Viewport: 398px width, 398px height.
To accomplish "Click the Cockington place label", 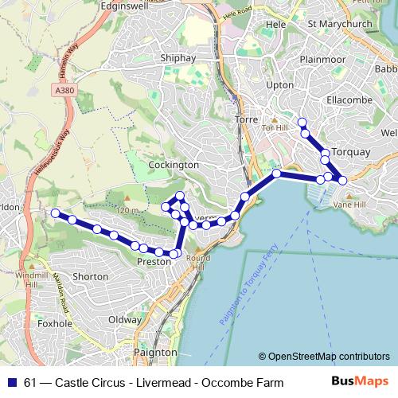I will coord(174,164).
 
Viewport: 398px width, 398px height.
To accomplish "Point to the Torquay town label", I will coord(351,151).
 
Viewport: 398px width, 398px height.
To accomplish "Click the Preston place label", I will coord(154,261).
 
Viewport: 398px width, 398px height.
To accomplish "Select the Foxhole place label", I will coord(55,324).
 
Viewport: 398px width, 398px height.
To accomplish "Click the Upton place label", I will coord(281,84).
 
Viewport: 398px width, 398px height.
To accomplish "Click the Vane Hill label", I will coord(348,204).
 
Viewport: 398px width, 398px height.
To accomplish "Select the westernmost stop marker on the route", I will coord(55,213).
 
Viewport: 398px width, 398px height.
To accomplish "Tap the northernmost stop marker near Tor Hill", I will coord(302,122).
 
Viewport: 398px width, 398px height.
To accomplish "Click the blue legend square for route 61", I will coord(12,383).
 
